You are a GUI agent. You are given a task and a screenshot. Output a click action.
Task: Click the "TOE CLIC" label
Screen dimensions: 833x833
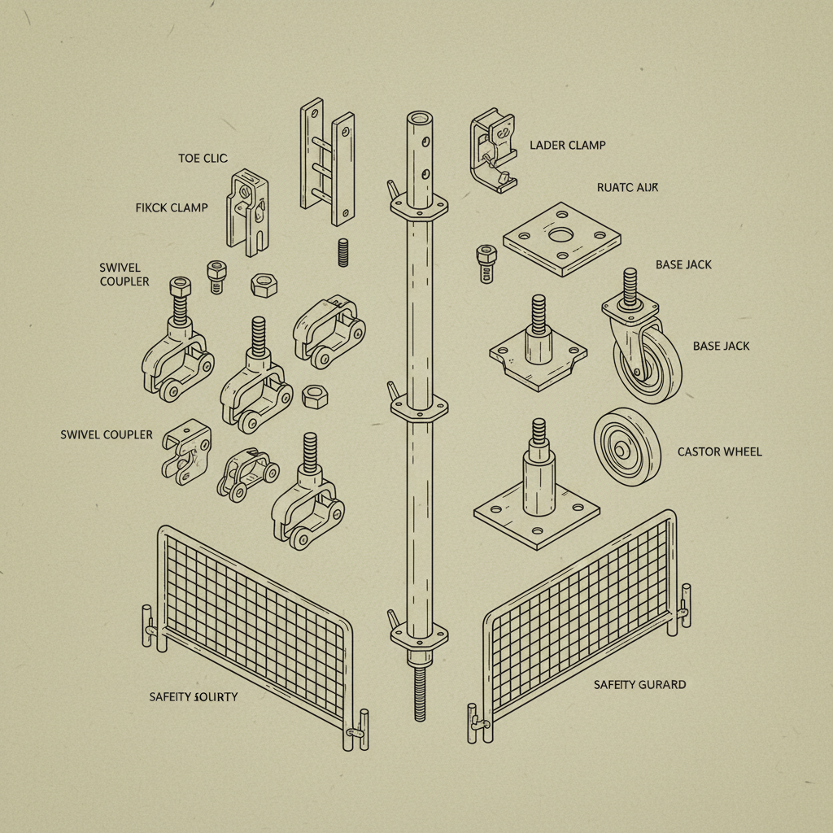pyautogui.click(x=203, y=158)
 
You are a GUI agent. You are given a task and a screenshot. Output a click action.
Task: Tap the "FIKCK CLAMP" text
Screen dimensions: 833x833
pyautogui.click(x=171, y=207)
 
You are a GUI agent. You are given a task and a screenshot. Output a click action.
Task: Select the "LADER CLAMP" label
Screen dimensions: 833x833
pyautogui.click(x=567, y=145)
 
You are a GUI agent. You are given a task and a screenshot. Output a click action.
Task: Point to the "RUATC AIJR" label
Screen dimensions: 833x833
pyautogui.click(x=627, y=187)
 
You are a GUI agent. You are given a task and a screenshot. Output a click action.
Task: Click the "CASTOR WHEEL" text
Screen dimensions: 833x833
pyautogui.click(x=719, y=451)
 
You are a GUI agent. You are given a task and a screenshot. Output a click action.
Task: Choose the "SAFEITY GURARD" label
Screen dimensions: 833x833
pyautogui.click(x=639, y=684)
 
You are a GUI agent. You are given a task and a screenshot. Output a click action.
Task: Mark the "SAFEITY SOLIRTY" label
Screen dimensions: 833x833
pyautogui.click(x=194, y=696)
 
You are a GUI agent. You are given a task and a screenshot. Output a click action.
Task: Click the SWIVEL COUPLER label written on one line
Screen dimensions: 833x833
pyautogui.click(x=106, y=434)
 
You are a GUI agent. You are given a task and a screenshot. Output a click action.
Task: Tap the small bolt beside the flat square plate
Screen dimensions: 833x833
pyautogui.click(x=485, y=263)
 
